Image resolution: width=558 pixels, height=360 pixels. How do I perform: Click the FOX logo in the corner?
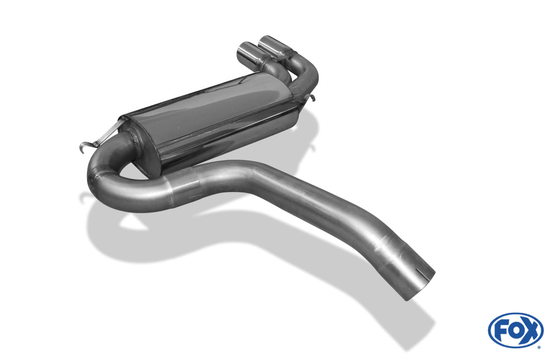(516, 330)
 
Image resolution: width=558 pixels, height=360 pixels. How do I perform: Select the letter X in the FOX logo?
(531, 330)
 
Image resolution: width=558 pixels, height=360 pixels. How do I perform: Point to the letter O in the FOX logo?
(516, 330)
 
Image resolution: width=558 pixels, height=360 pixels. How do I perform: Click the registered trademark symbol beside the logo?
(540, 347)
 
